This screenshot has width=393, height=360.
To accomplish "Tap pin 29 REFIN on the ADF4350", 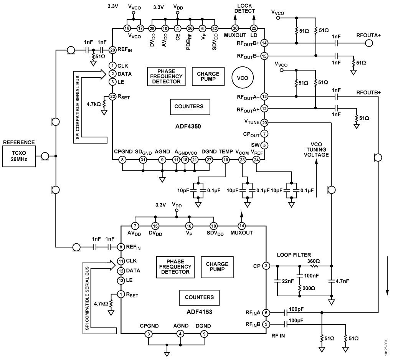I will click(x=112, y=50).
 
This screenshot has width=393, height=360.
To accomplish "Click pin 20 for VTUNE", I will click(x=264, y=123).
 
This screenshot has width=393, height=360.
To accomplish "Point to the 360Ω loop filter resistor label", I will click(x=313, y=261).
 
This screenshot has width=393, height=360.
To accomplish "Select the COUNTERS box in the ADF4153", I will click(x=199, y=297).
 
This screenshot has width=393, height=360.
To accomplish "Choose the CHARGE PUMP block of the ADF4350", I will click(x=208, y=76).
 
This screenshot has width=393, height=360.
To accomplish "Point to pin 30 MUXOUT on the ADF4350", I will click(x=235, y=28).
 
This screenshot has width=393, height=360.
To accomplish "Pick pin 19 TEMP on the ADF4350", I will click(x=225, y=160).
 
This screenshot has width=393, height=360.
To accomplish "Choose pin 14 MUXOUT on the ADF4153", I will click(x=241, y=226).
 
